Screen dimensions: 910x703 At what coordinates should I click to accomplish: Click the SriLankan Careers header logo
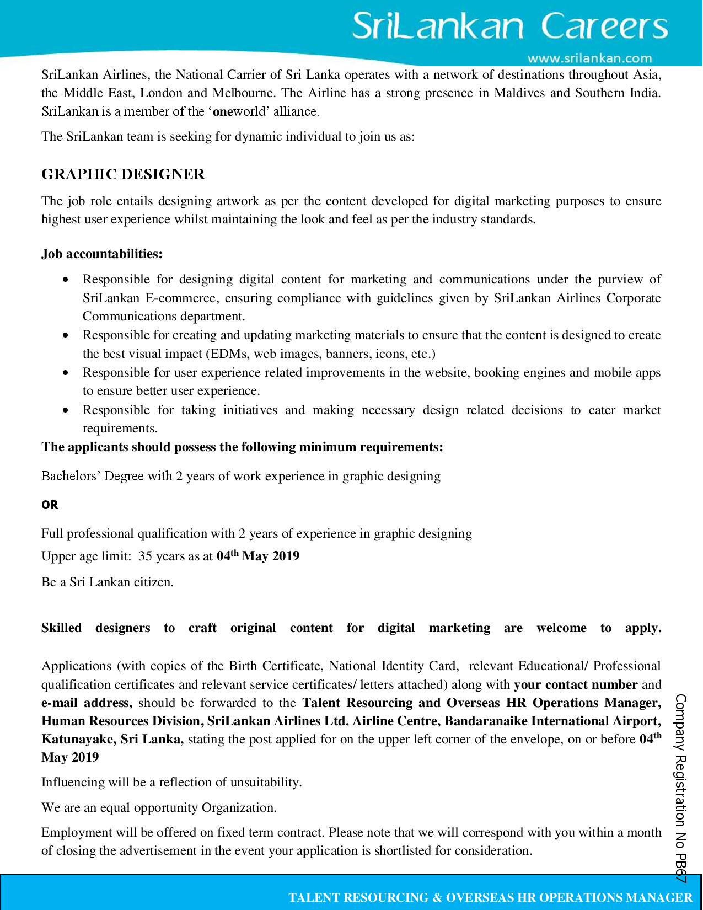click(509, 26)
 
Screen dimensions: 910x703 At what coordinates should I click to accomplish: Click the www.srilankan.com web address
click(589, 58)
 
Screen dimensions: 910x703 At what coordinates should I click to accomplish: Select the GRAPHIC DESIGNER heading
click(123, 174)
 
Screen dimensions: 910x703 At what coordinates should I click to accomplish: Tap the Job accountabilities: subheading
click(102, 254)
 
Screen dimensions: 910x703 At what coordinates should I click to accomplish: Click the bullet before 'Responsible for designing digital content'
click(66, 280)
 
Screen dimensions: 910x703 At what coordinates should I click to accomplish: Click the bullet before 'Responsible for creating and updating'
click(66, 335)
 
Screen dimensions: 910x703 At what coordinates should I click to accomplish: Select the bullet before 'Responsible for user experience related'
click(66, 373)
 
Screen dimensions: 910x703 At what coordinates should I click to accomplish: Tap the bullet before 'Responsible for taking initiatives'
click(66, 410)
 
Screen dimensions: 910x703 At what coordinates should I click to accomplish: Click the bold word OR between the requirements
click(50, 505)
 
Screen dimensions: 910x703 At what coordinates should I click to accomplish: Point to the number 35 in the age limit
click(145, 556)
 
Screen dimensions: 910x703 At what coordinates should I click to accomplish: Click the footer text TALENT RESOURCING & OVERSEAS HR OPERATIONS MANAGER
click(490, 897)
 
